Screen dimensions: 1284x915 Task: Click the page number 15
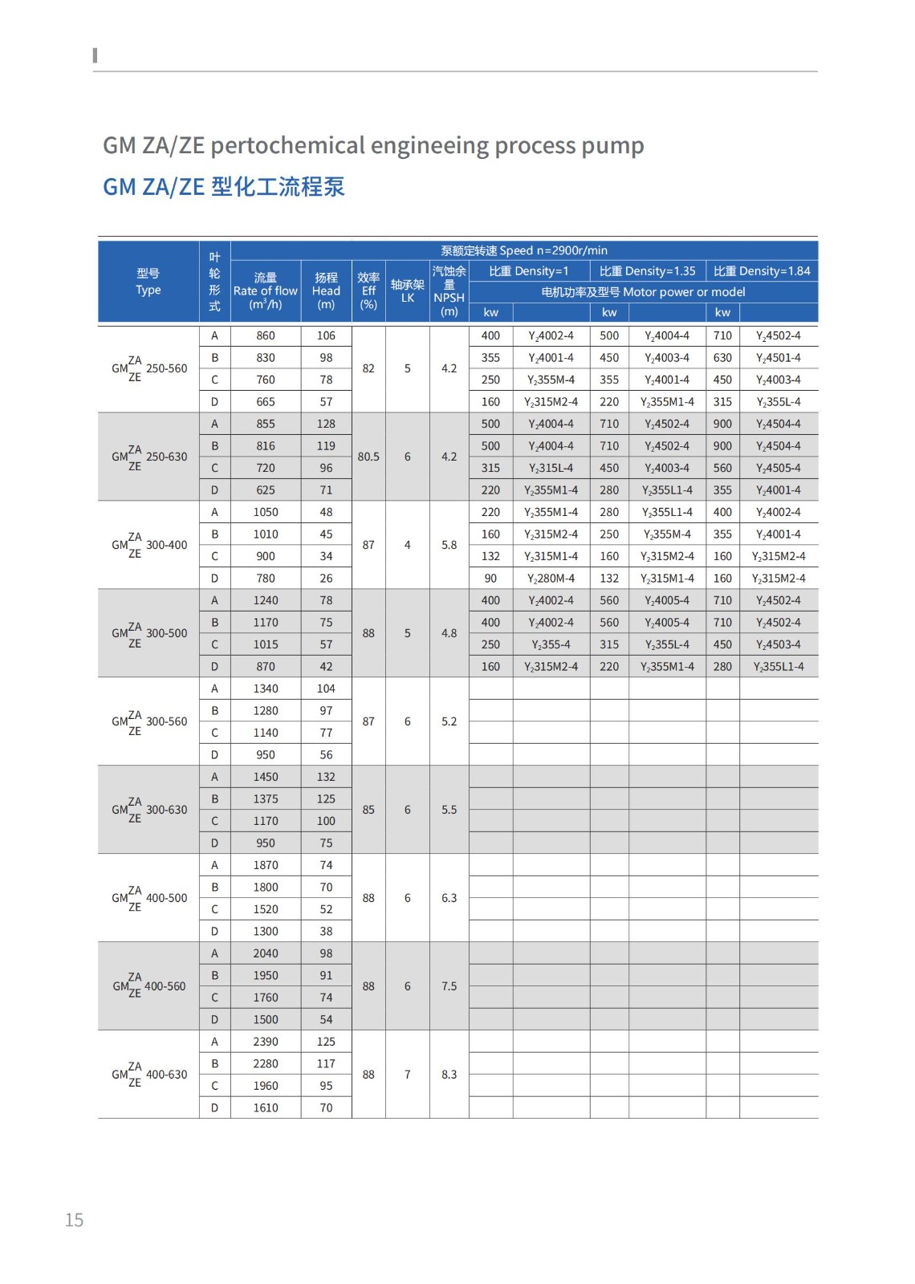74,1220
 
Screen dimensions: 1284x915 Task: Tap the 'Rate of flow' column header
265,291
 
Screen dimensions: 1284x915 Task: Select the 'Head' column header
326,291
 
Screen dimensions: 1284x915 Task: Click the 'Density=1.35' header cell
648,271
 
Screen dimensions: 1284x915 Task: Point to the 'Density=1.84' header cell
762,271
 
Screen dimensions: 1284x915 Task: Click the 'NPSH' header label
449,298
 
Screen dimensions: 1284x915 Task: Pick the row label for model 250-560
149,368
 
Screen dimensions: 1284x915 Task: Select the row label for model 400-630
149,1075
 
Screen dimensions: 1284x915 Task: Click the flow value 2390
266,1042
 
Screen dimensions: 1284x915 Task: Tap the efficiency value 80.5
368,457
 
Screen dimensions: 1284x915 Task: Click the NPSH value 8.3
449,1075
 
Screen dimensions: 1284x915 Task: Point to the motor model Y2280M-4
551,579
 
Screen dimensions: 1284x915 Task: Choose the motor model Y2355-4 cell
551,644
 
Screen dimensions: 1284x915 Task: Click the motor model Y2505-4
778,468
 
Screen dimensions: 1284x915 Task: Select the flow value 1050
266,512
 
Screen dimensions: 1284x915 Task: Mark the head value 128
326,424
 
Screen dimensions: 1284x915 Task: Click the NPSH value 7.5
449,986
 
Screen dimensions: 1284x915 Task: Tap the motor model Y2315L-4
551,468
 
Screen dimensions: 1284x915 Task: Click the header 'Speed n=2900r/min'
524,250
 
